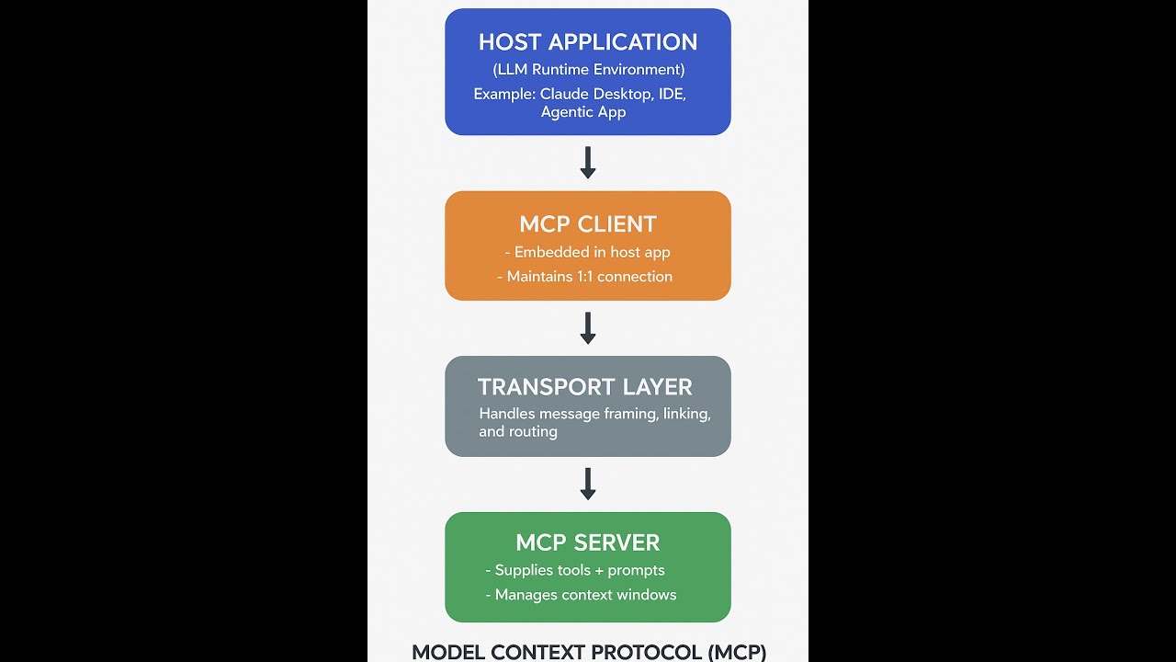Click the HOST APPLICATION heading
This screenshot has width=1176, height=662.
pos(588,42)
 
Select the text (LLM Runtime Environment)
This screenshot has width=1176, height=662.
pos(588,70)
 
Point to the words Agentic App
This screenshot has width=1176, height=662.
pos(583,112)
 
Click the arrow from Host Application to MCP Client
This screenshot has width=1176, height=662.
pos(588,163)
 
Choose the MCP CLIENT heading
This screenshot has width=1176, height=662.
pos(588,224)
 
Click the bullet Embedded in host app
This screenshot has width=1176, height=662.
pos(588,252)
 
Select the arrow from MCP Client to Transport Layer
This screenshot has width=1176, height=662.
pos(588,328)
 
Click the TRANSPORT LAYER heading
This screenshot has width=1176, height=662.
pos(585,387)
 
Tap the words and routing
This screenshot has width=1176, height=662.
pos(518,431)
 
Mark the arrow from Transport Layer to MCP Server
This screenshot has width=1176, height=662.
pos(588,485)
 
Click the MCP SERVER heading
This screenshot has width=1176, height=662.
pos(588,542)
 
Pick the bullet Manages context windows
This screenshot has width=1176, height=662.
pos(581,595)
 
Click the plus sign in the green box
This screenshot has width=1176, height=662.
pos(598,570)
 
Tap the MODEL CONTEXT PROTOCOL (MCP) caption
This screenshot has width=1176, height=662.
pos(588,652)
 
